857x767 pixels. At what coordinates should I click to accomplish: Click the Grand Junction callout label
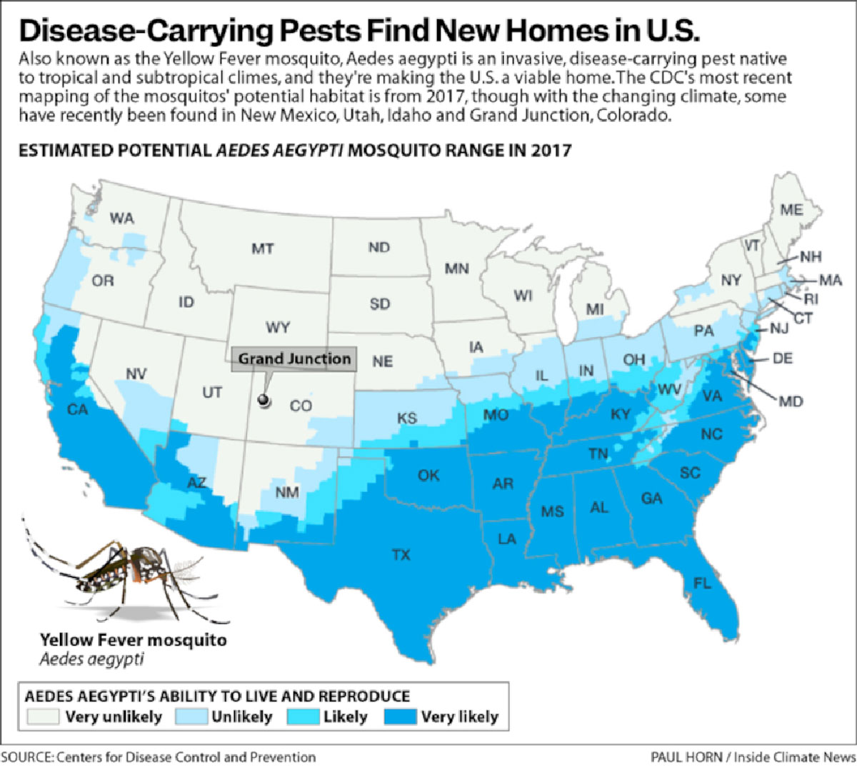[294, 359]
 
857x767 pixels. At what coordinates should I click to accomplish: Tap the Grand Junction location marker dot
[265, 401]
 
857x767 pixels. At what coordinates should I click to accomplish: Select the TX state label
[401, 554]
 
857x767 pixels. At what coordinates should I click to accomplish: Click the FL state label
[702, 583]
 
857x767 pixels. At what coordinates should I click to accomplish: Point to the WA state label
[121, 219]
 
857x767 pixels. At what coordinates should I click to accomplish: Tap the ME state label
[791, 210]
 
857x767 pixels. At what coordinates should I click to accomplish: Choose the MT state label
[262, 249]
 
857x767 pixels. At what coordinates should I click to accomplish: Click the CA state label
[77, 410]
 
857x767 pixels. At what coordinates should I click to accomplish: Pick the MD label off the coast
[791, 401]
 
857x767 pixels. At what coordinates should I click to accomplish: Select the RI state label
[811, 299]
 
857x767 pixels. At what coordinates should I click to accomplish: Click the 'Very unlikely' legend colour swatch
[44, 716]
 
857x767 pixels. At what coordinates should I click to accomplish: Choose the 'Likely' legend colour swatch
[303, 716]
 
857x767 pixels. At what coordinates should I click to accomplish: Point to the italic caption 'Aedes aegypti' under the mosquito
[91, 659]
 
